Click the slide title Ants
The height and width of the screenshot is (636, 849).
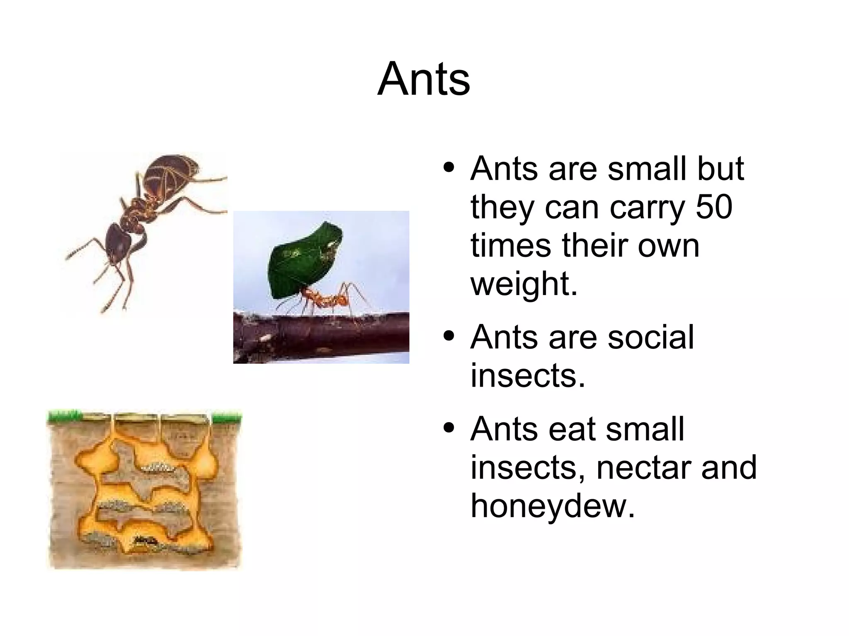pos(424,79)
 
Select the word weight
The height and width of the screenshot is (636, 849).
pos(524,284)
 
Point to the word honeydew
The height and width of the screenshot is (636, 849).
pos(553,506)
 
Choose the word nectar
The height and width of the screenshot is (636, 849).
pos(644,467)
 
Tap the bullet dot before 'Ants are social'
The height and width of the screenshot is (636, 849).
pos(449,336)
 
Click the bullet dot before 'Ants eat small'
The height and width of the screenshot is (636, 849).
pos(449,428)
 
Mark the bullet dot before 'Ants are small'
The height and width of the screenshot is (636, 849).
pos(449,168)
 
